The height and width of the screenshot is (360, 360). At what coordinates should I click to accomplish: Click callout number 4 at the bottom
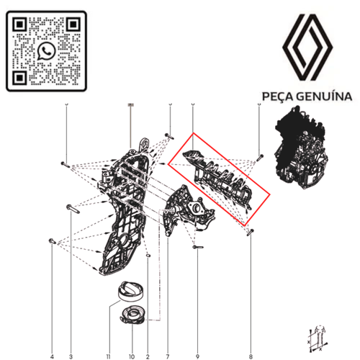[52, 336]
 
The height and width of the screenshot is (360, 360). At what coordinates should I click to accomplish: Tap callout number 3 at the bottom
[71, 336]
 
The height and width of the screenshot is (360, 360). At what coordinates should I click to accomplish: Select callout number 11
[109, 336]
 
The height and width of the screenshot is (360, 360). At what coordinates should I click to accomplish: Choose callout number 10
[131, 336]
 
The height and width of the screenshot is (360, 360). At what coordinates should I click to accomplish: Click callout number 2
[148, 336]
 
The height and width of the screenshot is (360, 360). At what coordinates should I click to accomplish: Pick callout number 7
[167, 336]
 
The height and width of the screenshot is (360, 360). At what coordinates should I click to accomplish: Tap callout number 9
[197, 336]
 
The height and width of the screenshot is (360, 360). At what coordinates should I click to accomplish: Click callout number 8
[250, 336]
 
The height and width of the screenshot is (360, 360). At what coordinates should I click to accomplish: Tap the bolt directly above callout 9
[197, 248]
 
